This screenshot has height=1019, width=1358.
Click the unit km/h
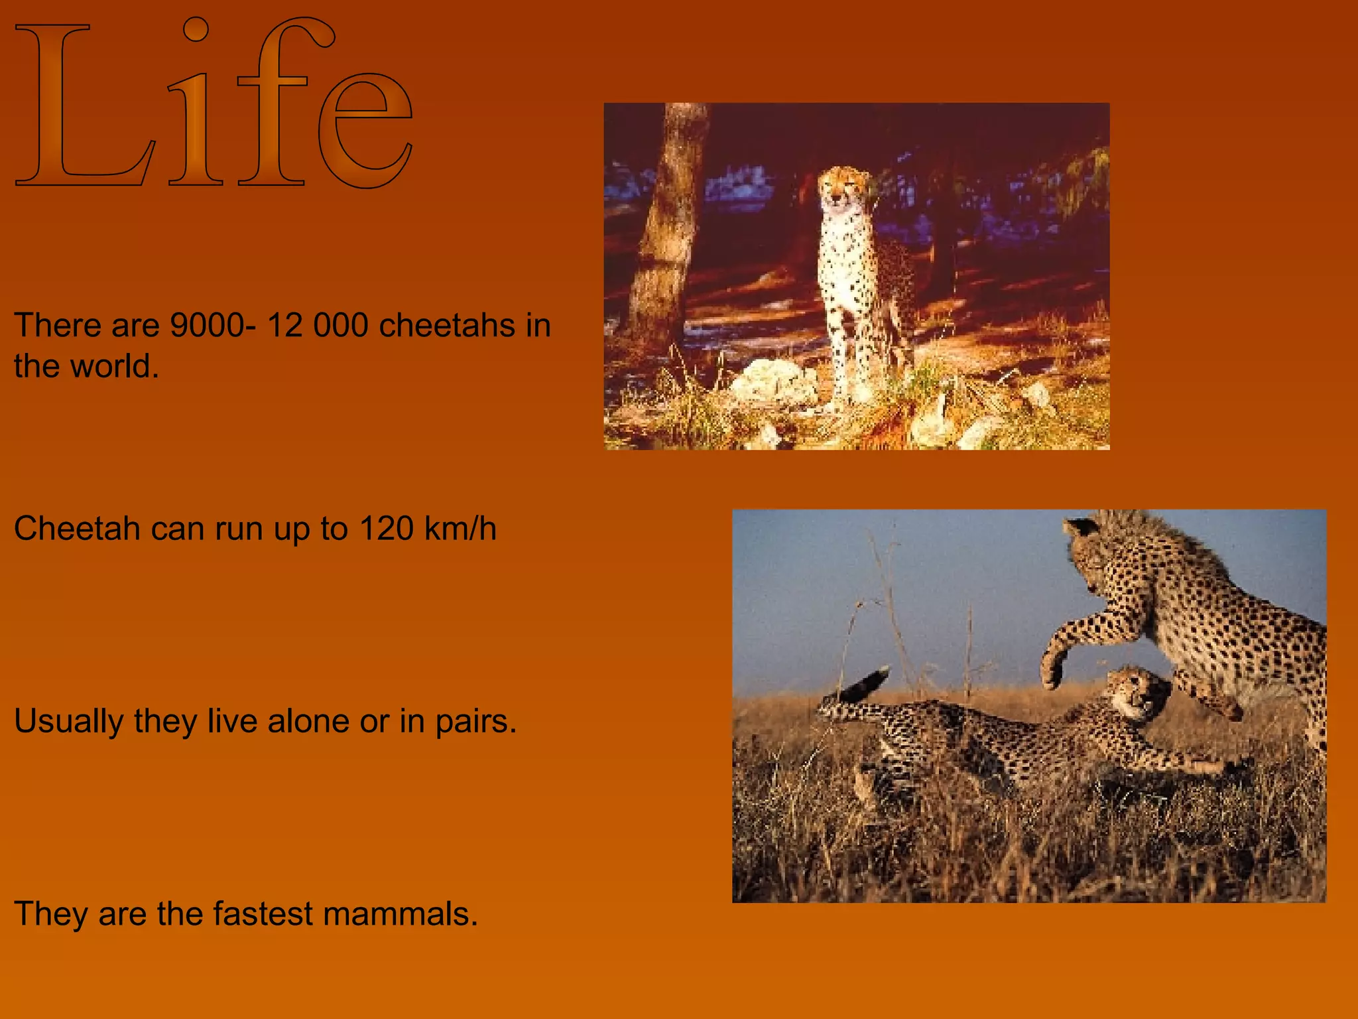tap(460, 529)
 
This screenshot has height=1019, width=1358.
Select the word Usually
tap(68, 722)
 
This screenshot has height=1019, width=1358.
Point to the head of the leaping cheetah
tap(1094, 551)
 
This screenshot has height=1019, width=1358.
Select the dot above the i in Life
tap(196, 29)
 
